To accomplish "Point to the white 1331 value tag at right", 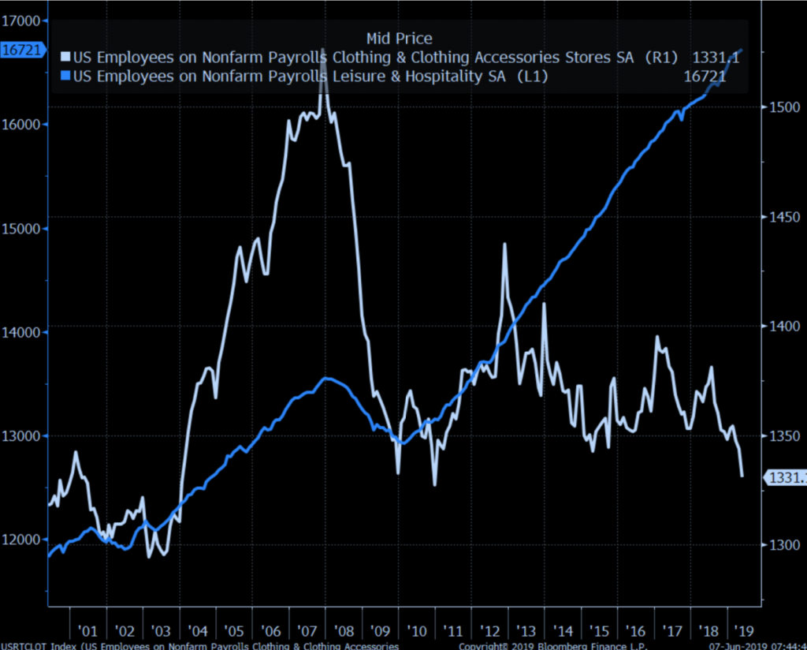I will pos(787,477).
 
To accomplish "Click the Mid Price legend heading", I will pos(400,38).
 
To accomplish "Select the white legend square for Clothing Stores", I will pos(66,57).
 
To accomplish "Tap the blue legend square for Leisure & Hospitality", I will pos(66,76).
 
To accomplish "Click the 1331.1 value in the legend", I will pos(716,57).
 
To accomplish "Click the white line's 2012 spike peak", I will pos(504,245).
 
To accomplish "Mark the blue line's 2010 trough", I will pos(403,443).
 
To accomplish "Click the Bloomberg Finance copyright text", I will pos(552,646).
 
